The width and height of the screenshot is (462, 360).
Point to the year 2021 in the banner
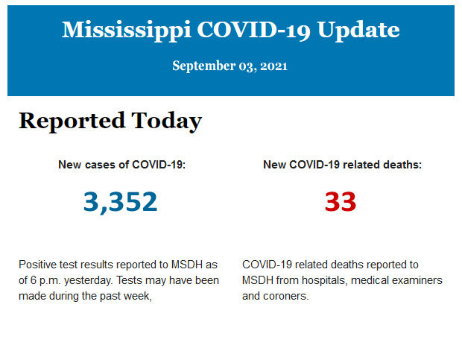click(x=274, y=66)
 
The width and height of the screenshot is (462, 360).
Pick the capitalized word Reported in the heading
click(x=72, y=121)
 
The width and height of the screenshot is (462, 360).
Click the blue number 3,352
click(x=121, y=201)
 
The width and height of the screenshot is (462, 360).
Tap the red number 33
click(x=341, y=201)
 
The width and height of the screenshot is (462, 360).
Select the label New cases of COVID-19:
click(x=121, y=165)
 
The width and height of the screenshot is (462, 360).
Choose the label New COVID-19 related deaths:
click(x=342, y=165)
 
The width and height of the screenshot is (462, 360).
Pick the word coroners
click(x=286, y=296)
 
